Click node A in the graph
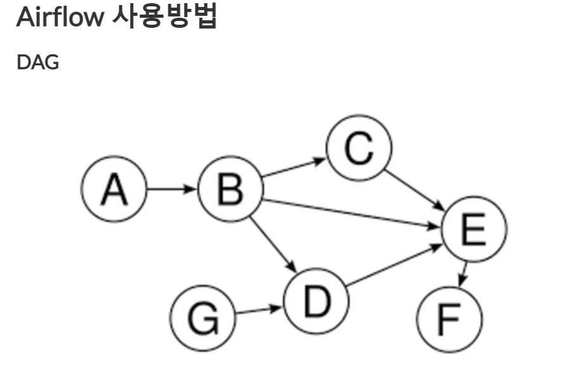point(114,189)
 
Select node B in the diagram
point(230,189)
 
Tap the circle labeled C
point(359,148)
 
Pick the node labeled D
point(317,302)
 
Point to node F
point(450,319)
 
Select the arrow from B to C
point(293,168)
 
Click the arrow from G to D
point(258,310)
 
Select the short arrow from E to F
point(463,274)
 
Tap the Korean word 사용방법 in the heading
point(164,17)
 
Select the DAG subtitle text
point(37,62)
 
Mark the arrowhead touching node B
point(192,189)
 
